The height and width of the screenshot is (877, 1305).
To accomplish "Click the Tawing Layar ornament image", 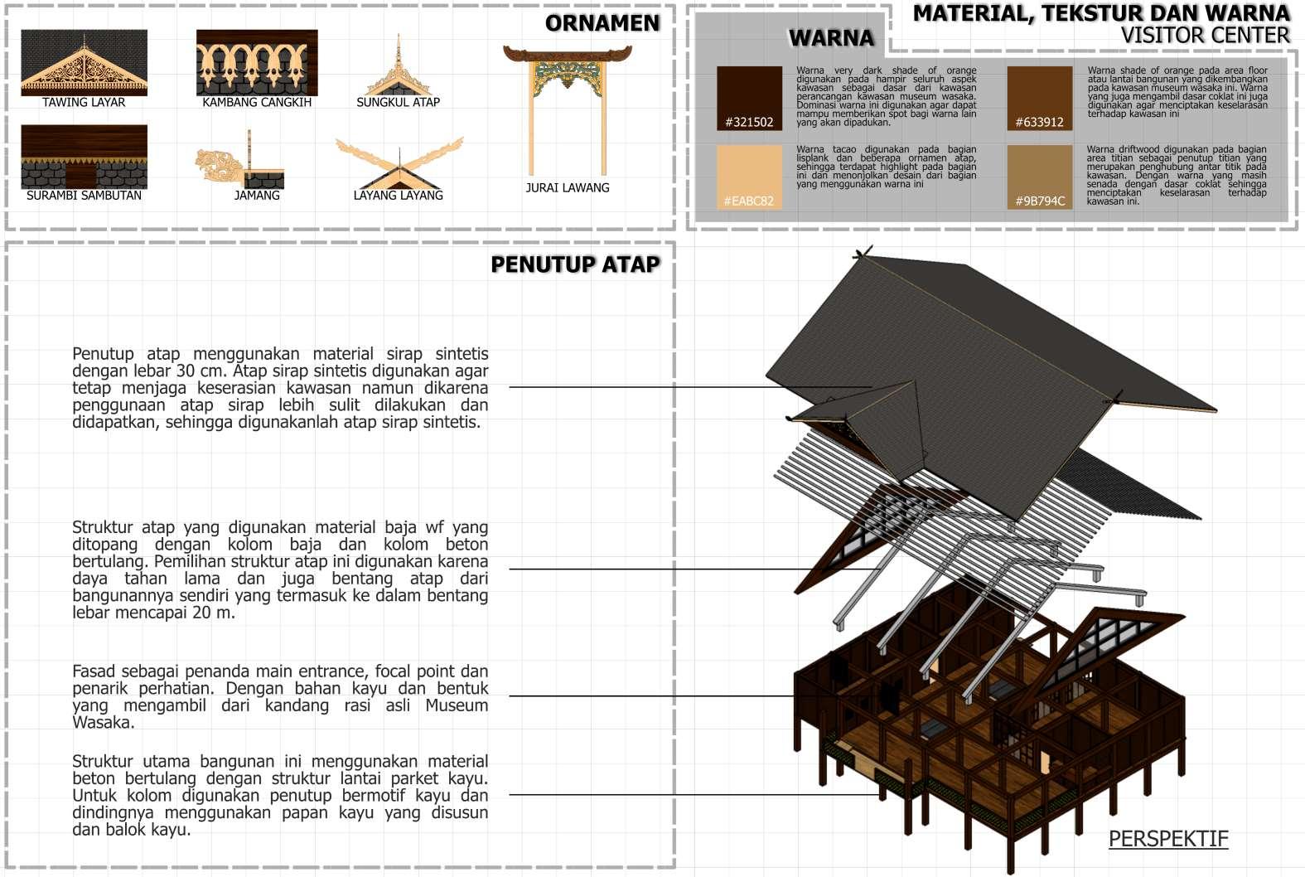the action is click(84, 63).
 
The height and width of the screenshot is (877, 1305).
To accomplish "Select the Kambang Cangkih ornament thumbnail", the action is click(257, 63).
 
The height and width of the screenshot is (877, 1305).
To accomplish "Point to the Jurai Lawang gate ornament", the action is click(568, 108).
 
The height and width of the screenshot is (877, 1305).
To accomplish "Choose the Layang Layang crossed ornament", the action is click(399, 164).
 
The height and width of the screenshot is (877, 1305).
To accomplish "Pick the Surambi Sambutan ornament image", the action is click(84, 157).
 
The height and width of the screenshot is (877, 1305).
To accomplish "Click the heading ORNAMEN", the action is click(602, 23).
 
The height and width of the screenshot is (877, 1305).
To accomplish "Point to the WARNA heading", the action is click(831, 38).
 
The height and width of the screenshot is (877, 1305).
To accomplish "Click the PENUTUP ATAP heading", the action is click(575, 264).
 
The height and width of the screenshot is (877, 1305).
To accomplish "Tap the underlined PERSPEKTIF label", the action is click(1168, 839).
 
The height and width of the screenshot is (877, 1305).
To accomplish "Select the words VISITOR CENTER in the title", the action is click(1205, 36).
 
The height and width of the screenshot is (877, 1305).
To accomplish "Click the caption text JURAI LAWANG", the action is click(568, 188).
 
